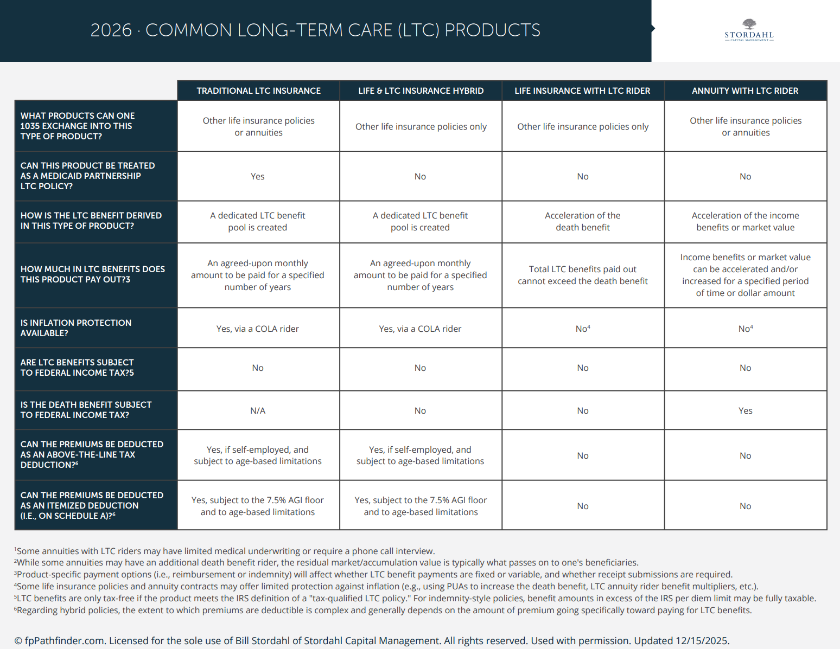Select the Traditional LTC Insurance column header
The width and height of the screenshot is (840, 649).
pos(258,91)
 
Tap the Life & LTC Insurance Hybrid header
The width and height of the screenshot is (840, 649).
pos(421,91)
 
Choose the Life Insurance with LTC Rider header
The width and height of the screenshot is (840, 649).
pos(582,91)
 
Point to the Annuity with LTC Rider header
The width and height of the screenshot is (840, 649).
pos(745,91)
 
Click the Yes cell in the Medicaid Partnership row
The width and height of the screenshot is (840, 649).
pos(258,177)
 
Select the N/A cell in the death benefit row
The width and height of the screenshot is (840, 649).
pos(258,411)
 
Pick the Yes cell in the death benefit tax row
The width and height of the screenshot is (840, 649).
pos(745,411)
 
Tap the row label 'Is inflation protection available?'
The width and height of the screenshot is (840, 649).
pos(76,328)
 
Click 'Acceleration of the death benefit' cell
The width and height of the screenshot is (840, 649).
pos(582,222)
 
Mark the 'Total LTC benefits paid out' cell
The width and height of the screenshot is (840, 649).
pos(582,275)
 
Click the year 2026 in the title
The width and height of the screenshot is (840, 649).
pos(111,30)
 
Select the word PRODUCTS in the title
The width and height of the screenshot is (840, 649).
pos(492,30)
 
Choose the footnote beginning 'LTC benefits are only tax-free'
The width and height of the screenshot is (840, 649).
pos(415,599)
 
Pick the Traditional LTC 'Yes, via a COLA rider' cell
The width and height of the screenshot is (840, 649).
pos(258,329)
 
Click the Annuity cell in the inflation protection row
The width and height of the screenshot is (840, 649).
pos(745,329)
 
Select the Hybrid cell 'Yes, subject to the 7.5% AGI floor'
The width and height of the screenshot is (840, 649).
pos(421,506)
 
